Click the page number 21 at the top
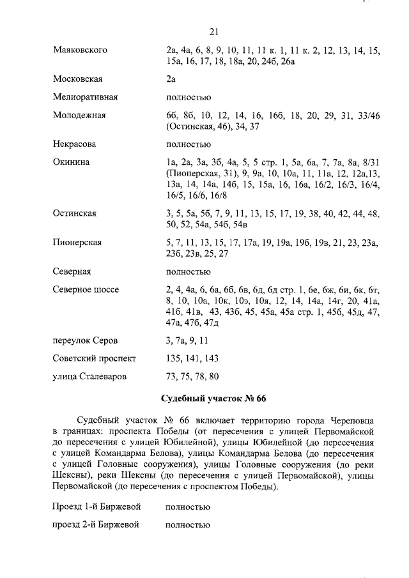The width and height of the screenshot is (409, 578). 214,32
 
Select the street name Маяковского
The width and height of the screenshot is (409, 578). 80,50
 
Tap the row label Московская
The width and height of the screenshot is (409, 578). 77,79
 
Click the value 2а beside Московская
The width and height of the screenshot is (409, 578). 170,79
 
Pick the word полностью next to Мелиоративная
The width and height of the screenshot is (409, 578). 188,97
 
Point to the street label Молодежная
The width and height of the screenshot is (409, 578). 79,115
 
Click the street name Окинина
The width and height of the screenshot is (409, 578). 71,162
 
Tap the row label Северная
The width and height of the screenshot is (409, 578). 72,271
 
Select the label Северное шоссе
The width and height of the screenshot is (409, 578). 86,289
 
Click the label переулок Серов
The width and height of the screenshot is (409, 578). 85,340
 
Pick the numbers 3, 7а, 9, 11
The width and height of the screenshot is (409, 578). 187,340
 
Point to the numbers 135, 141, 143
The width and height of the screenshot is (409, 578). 192,358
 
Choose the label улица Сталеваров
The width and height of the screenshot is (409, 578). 89,376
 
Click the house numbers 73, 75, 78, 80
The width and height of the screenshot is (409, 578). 192,376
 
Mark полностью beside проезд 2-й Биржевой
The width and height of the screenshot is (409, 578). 188,526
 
